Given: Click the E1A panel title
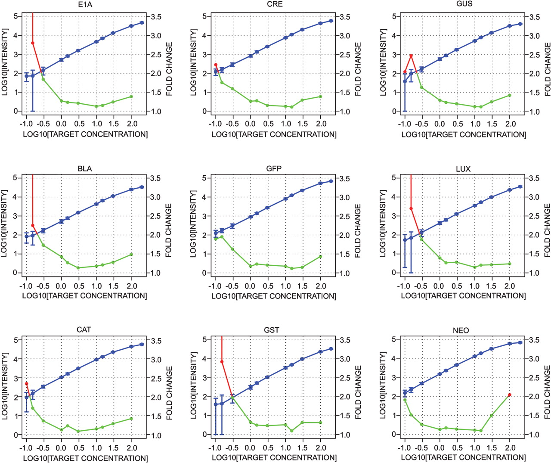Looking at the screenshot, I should [x=84, y=5].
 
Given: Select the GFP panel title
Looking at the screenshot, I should [x=274, y=168].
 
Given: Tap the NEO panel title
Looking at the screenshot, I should [x=461, y=330].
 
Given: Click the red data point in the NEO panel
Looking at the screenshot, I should [x=510, y=395].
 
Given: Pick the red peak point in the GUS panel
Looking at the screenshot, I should [x=411, y=56].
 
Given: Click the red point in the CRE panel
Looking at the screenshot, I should [x=216, y=65].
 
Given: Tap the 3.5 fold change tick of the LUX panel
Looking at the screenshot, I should [x=534, y=178].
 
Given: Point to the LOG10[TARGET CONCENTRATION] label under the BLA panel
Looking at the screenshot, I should [x=84, y=295].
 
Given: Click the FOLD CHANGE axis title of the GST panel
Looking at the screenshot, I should [x=358, y=392].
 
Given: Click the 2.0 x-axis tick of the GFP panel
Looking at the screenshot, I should [x=320, y=286].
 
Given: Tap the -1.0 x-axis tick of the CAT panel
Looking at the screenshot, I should [x=26, y=448].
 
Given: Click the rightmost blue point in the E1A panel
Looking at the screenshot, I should [x=142, y=23].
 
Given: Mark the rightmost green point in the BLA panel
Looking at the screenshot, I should [x=131, y=254].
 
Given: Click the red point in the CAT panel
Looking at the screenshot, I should [x=26, y=383].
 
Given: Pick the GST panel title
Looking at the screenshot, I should [x=271, y=330].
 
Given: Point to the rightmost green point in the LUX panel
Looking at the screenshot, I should [x=510, y=264].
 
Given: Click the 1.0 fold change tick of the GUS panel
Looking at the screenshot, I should [x=534, y=112].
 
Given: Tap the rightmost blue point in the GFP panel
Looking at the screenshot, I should [x=331, y=181].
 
